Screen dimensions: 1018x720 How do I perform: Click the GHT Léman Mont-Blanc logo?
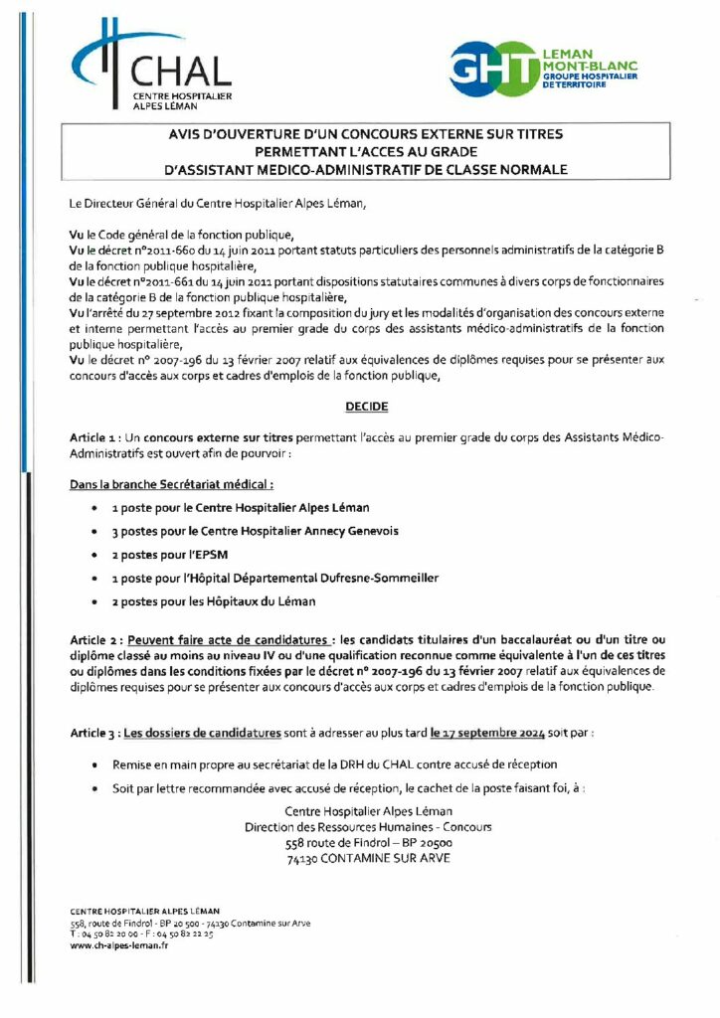pyautogui.click(x=542, y=68)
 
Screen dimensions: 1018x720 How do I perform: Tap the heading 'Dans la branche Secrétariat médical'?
pyautogui.click(x=171, y=484)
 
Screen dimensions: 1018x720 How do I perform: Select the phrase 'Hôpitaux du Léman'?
pyautogui.click(x=263, y=601)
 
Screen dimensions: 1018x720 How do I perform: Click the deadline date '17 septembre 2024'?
pyautogui.click(x=487, y=733)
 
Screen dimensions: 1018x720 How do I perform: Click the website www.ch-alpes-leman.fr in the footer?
pyautogui.click(x=118, y=946)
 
